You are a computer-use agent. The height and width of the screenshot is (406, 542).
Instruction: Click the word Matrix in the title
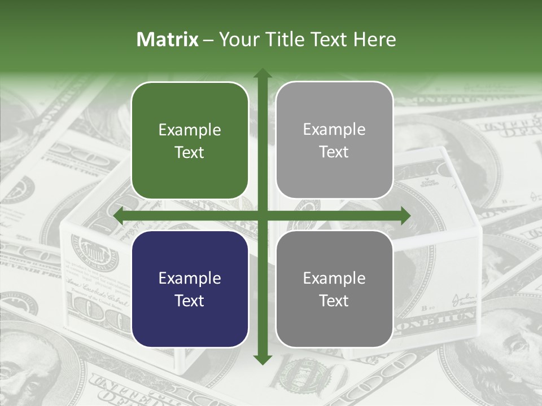point(168,39)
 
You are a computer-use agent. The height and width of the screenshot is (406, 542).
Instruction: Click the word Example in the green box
point(190,130)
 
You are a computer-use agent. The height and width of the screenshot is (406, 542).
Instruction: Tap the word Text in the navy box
point(190,301)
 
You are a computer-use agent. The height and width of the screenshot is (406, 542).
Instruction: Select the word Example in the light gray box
point(334,130)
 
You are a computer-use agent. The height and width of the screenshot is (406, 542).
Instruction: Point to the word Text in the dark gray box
point(334,301)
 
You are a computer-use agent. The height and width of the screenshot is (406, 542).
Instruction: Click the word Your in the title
point(238,39)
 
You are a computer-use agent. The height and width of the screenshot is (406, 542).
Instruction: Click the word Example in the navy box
point(190,279)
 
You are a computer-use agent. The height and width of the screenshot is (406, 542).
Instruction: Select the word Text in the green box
point(190,152)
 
